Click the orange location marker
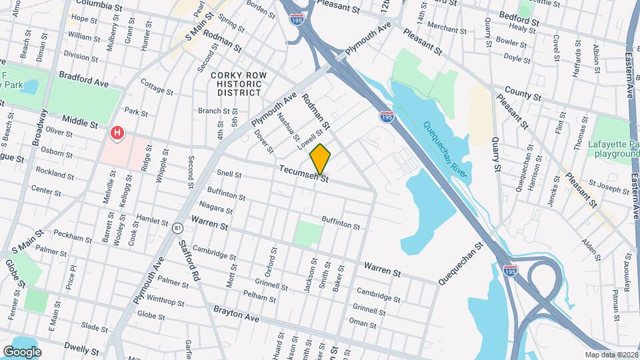320,159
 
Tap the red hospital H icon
118,133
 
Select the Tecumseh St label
304,174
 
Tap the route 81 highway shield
177,228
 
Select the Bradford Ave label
83,79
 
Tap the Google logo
23,351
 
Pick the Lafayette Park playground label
613,149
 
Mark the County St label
523,91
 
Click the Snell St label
229,173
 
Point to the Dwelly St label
82,348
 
